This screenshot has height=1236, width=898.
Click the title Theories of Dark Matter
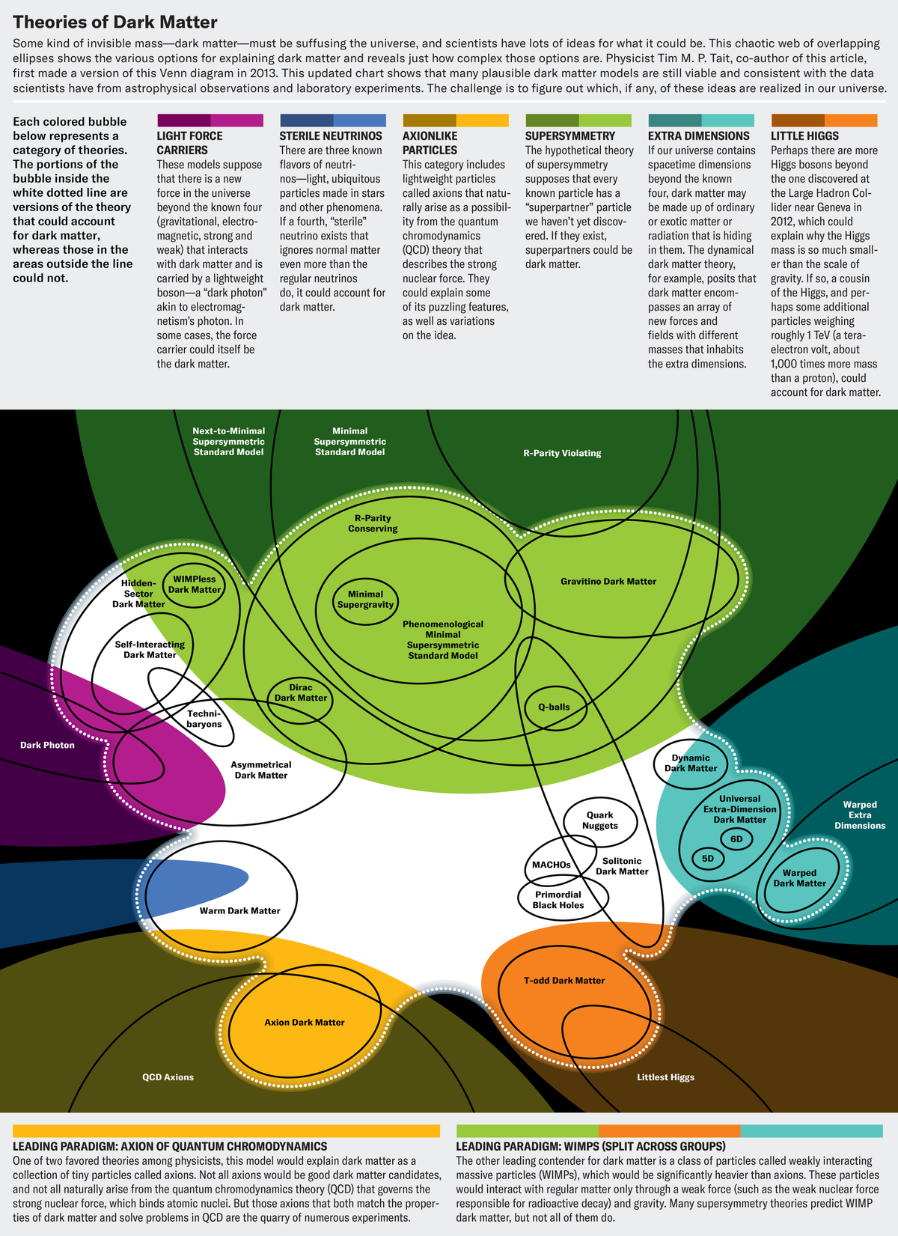tap(114, 22)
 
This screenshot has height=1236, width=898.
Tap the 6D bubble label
tap(736, 839)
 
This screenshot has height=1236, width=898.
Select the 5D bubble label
tap(708, 859)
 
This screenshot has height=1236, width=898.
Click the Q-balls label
tap(555, 707)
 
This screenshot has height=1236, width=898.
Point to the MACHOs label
tap(551, 865)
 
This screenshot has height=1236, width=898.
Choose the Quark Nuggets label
tap(600, 820)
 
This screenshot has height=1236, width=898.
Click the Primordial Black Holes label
tap(558, 900)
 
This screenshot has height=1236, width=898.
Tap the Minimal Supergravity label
tap(365, 599)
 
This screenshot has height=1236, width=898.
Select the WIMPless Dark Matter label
tap(195, 585)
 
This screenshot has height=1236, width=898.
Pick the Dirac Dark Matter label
tap(301, 692)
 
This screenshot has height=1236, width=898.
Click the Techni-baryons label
tap(204, 719)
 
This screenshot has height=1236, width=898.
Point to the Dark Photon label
tap(47, 745)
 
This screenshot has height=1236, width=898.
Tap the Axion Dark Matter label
tap(305, 1023)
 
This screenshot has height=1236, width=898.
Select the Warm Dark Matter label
tap(240, 911)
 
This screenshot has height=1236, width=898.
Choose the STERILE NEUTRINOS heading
tap(331, 136)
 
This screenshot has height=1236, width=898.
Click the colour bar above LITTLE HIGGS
tap(824, 121)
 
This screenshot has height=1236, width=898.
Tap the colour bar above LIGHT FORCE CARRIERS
tap(210, 121)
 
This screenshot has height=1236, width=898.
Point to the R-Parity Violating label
tap(562, 453)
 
